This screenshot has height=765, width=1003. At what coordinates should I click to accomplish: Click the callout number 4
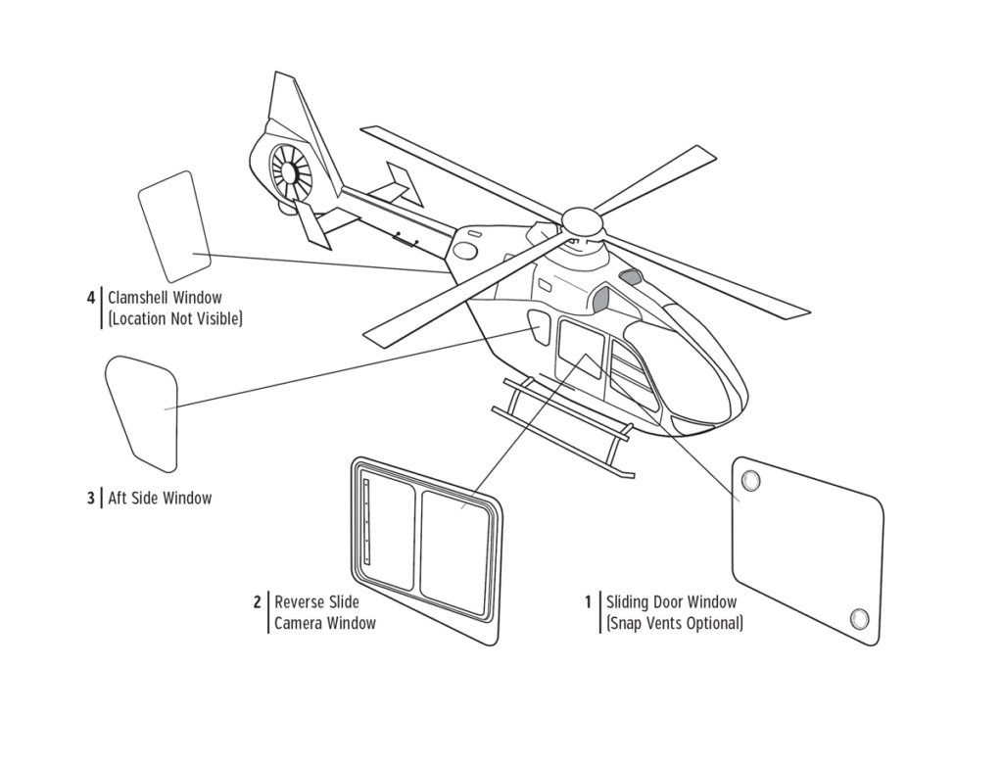click(x=91, y=297)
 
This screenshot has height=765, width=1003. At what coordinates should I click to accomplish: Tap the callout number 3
click(x=91, y=498)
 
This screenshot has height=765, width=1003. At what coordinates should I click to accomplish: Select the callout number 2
click(x=257, y=601)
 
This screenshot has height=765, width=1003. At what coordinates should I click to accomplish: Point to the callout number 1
click(x=589, y=601)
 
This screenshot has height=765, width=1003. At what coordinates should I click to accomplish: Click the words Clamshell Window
click(x=165, y=297)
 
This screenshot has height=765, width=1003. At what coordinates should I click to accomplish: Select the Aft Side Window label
click(x=160, y=498)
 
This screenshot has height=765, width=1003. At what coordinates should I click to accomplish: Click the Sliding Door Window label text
click(x=671, y=601)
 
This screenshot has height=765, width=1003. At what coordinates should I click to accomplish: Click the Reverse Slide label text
click(x=316, y=601)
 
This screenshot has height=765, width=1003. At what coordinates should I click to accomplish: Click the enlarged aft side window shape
click(x=143, y=409)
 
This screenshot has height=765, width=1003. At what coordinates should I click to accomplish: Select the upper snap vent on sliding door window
click(x=751, y=480)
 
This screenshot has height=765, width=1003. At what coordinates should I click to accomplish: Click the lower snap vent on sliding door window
click(x=860, y=617)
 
